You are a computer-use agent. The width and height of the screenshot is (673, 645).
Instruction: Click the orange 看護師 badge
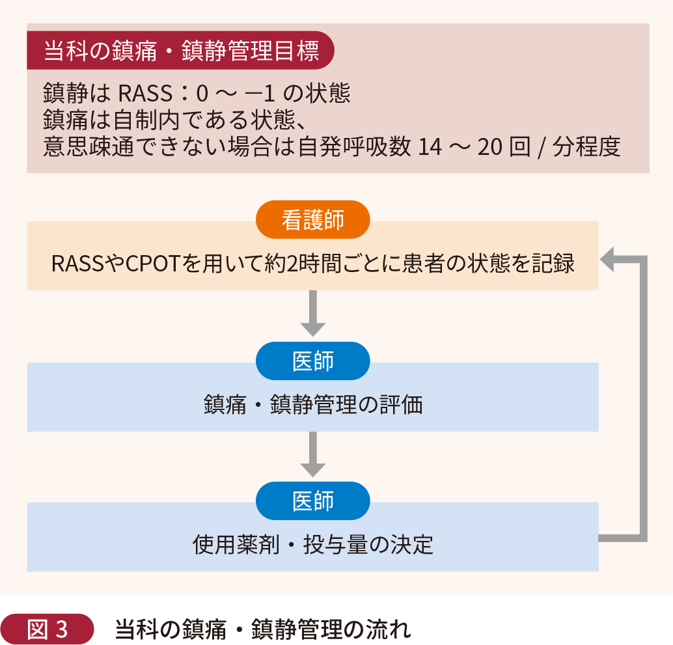coord(312,220)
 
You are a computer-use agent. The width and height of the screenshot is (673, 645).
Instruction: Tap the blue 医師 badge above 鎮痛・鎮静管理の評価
coord(312,361)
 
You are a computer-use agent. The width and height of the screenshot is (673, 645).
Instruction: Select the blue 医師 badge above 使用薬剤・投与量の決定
coord(312,501)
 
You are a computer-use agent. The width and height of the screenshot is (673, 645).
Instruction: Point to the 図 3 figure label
coord(48,629)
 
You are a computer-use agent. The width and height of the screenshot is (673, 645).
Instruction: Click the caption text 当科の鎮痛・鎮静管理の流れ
coord(263,629)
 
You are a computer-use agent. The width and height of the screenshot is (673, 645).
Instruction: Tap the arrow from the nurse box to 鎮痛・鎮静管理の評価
coord(312,312)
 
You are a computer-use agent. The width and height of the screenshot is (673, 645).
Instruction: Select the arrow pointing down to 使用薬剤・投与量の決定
coord(312,454)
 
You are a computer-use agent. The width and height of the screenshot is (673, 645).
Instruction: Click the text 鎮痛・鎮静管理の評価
coord(312,405)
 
